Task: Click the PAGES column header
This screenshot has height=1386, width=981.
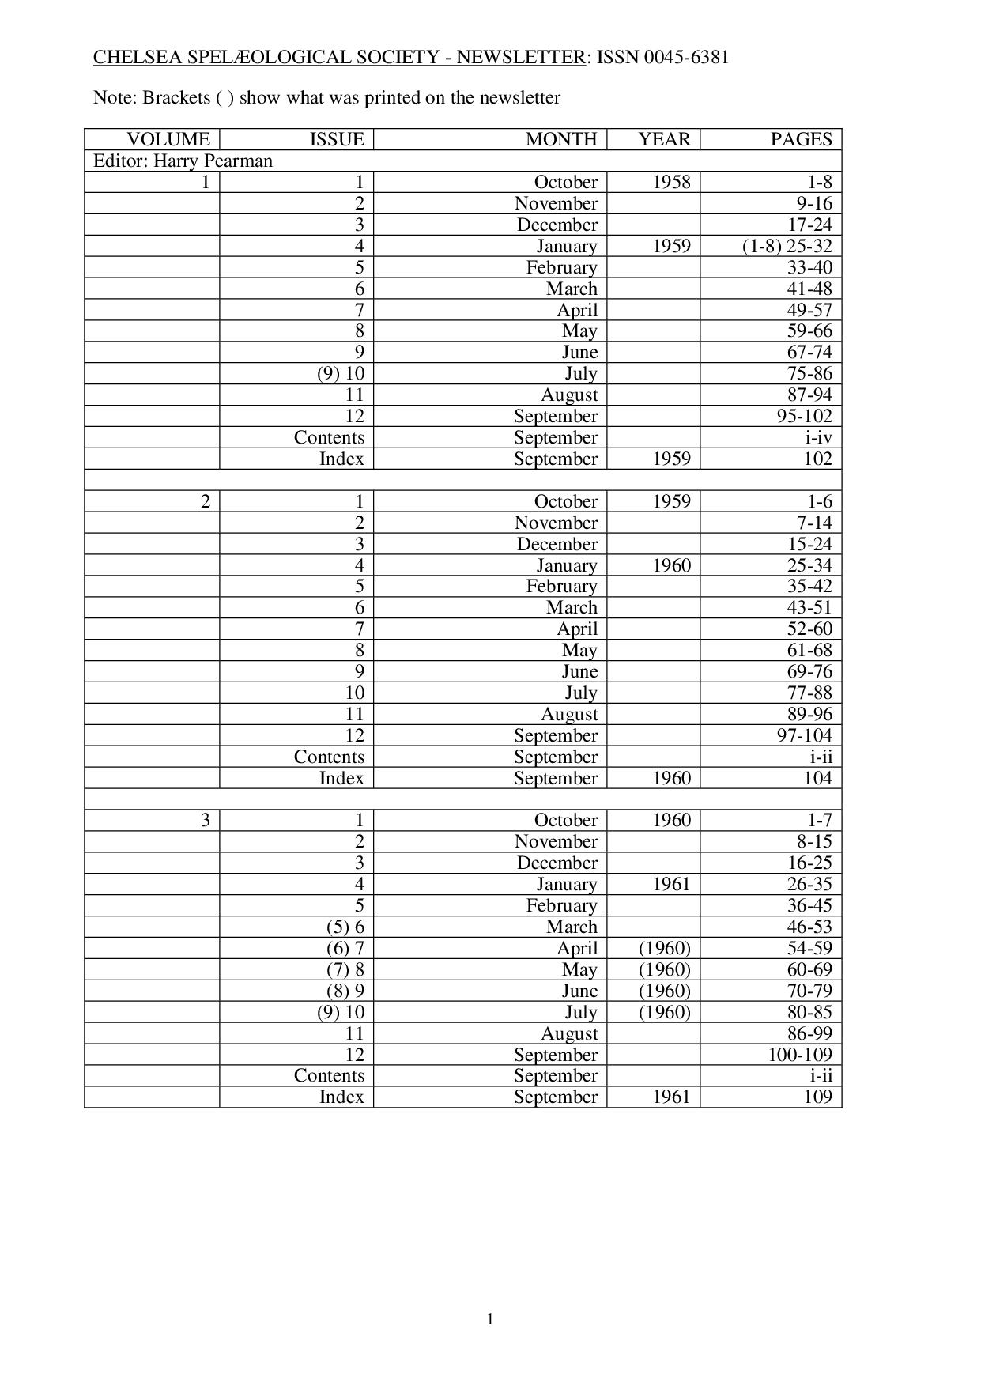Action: tap(801, 140)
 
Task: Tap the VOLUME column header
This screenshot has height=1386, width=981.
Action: tap(168, 140)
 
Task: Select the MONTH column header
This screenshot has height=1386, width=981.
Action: tap(561, 140)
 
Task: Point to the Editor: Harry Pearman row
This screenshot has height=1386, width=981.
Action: tap(183, 161)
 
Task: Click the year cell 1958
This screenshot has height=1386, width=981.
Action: tap(671, 183)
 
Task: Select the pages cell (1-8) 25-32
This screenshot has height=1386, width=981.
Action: tap(787, 246)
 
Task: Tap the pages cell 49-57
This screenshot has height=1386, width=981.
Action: tap(809, 310)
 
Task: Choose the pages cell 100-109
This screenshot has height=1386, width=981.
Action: tap(800, 1055)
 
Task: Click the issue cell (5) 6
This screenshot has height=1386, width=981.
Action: tap(345, 927)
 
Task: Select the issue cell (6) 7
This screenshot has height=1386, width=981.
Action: tap(345, 948)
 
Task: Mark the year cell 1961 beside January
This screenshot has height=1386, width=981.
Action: tap(671, 884)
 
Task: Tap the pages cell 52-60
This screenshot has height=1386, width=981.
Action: tap(809, 629)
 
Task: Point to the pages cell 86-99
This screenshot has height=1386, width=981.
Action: tap(809, 1033)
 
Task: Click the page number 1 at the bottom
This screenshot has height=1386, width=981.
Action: tap(490, 1319)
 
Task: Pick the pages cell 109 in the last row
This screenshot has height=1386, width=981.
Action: tap(817, 1097)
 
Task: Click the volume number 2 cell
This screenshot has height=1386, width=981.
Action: tap(206, 501)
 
